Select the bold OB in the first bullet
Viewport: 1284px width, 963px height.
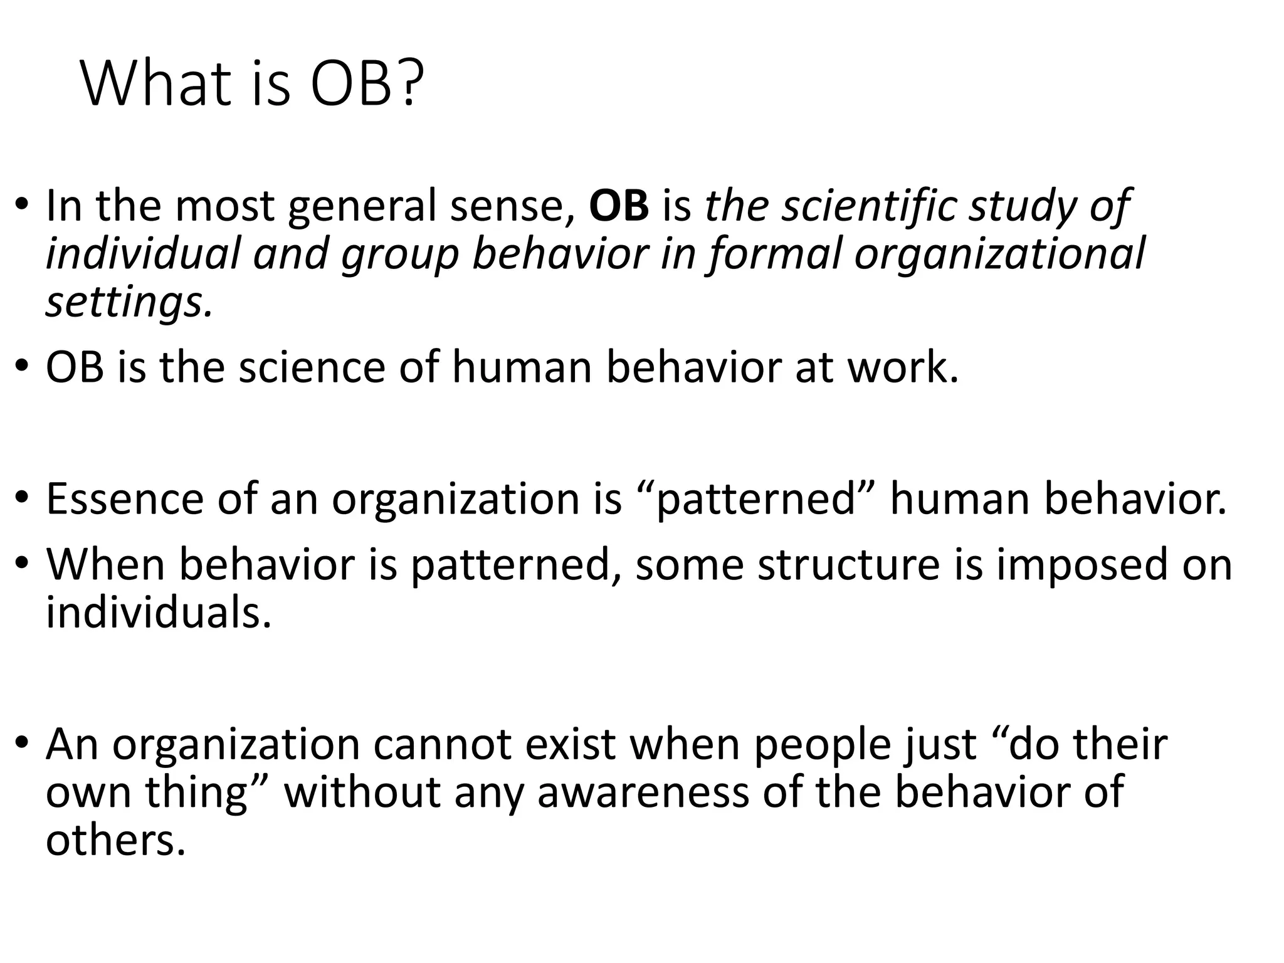[619, 206]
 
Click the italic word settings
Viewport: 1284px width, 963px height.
[129, 303]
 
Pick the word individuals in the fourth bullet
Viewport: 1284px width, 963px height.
[158, 611]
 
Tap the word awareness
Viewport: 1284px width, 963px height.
[643, 792]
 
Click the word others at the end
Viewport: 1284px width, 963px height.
[115, 839]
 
